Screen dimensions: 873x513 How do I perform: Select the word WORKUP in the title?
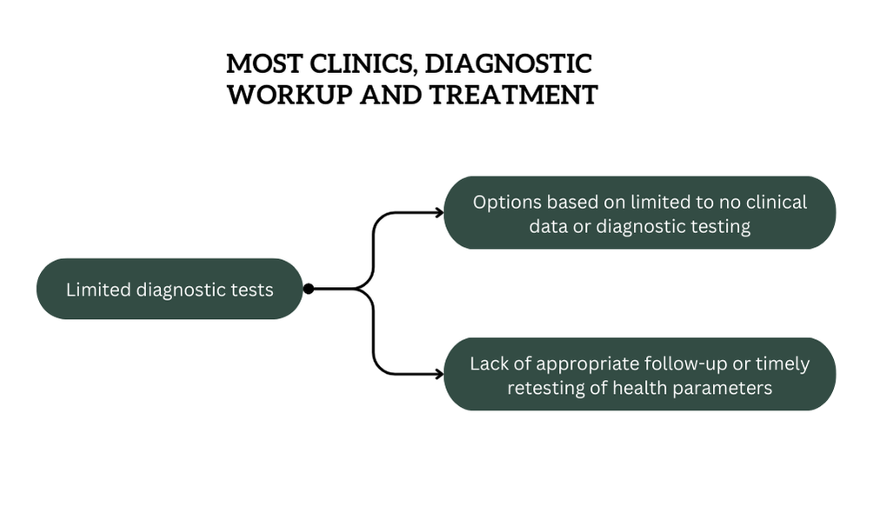(290, 95)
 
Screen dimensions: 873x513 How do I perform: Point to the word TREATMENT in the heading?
(514, 95)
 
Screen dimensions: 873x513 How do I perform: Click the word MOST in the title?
(264, 63)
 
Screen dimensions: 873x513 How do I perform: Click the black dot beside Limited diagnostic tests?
(309, 289)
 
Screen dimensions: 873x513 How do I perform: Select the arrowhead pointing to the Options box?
(439, 212)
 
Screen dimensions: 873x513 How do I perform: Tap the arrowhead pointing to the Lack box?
(439, 374)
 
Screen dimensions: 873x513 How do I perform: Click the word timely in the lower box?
(783, 364)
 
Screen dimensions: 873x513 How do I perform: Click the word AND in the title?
(391, 95)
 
